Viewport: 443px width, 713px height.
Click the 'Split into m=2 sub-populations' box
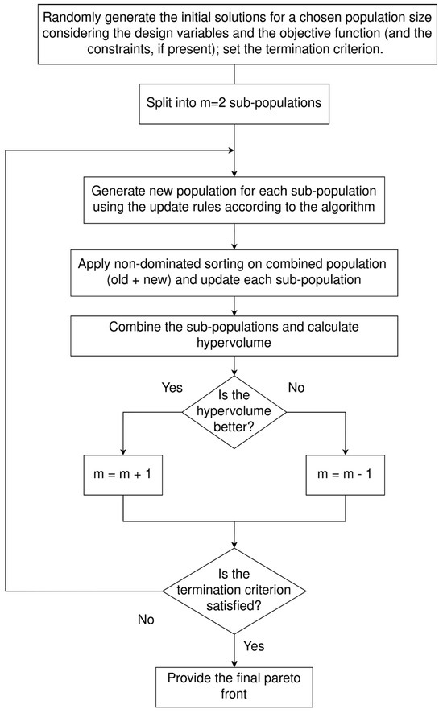tap(234, 104)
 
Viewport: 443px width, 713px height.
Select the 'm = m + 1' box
tap(123, 475)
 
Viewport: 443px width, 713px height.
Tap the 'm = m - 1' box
tap(345, 475)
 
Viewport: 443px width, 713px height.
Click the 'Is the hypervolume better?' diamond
tap(234, 412)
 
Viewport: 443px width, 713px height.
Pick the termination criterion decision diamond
tap(234, 591)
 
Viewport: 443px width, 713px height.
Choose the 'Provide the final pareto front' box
tap(234, 686)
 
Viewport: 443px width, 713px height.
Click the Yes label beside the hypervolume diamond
tap(172, 387)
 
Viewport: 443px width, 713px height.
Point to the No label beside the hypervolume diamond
tap(296, 387)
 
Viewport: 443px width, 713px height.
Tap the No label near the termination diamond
tap(146, 620)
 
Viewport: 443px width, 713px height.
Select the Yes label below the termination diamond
tap(254, 645)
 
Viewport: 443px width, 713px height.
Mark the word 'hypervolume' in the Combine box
tap(234, 342)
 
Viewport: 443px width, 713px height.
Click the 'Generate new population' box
tap(234, 200)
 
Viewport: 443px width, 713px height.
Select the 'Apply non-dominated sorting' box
tap(234, 273)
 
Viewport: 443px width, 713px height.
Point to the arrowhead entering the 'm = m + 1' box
tap(123, 451)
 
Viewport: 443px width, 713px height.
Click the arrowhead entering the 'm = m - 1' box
tap(345, 451)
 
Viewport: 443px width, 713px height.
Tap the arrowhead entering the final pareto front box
tap(234, 663)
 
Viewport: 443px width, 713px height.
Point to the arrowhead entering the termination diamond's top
tap(234, 545)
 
